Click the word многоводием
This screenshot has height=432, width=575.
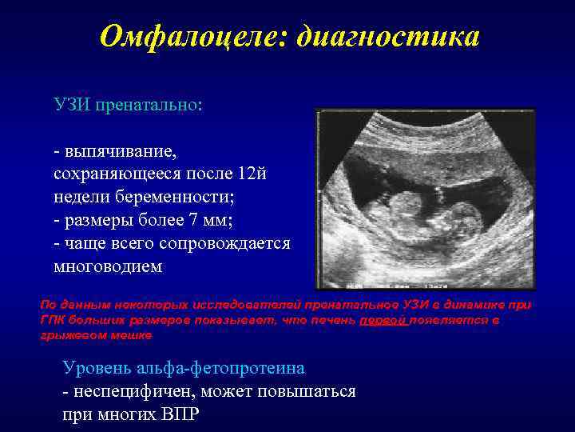(x=107, y=266)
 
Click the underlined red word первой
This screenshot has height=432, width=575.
(x=383, y=320)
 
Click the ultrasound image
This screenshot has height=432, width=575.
(x=425, y=198)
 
